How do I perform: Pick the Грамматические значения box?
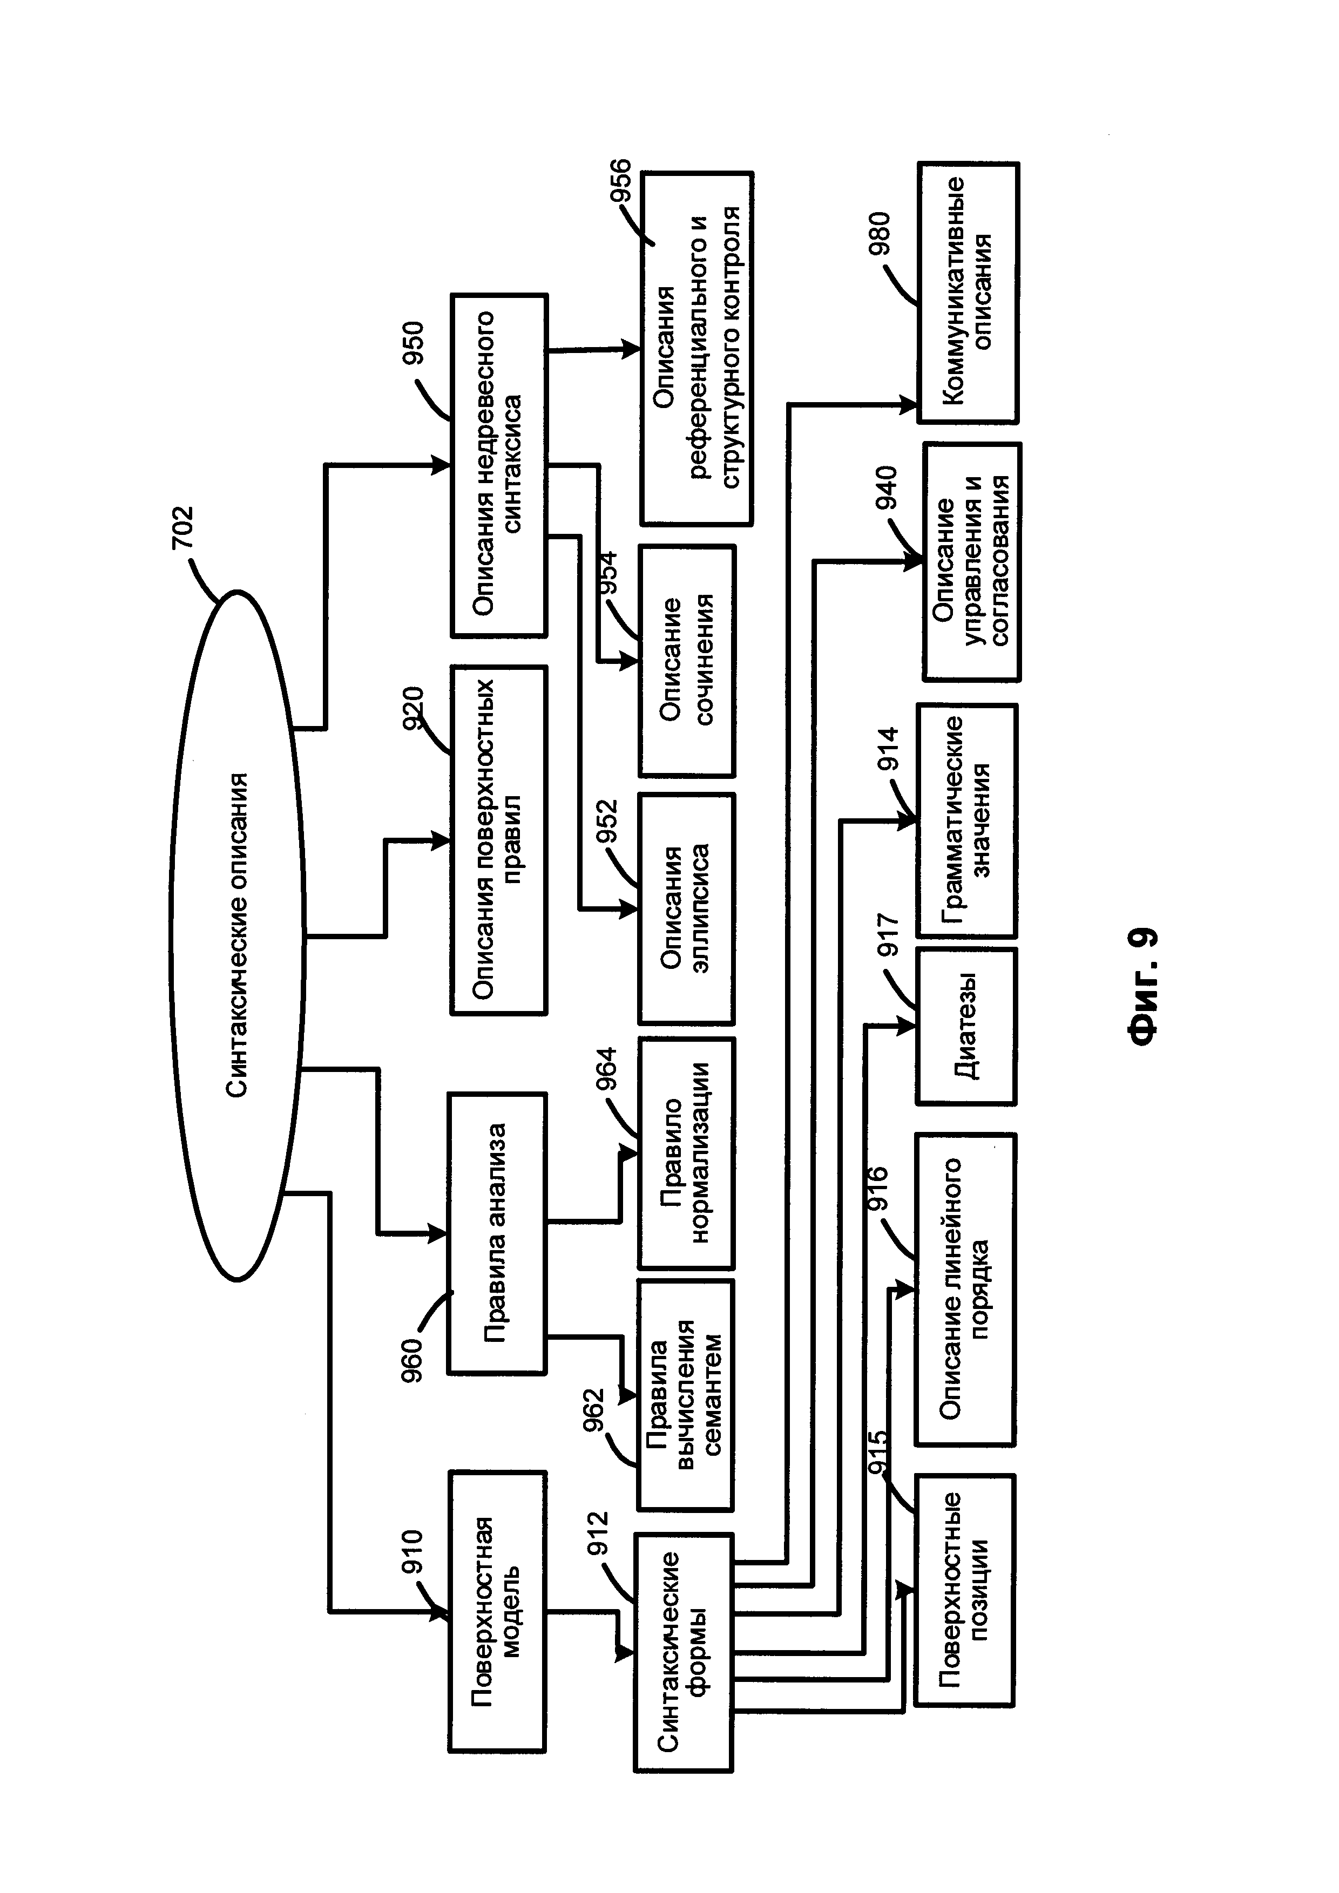pos(967,820)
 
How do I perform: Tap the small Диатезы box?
pos(966,1027)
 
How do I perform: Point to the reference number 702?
pos(181,528)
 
